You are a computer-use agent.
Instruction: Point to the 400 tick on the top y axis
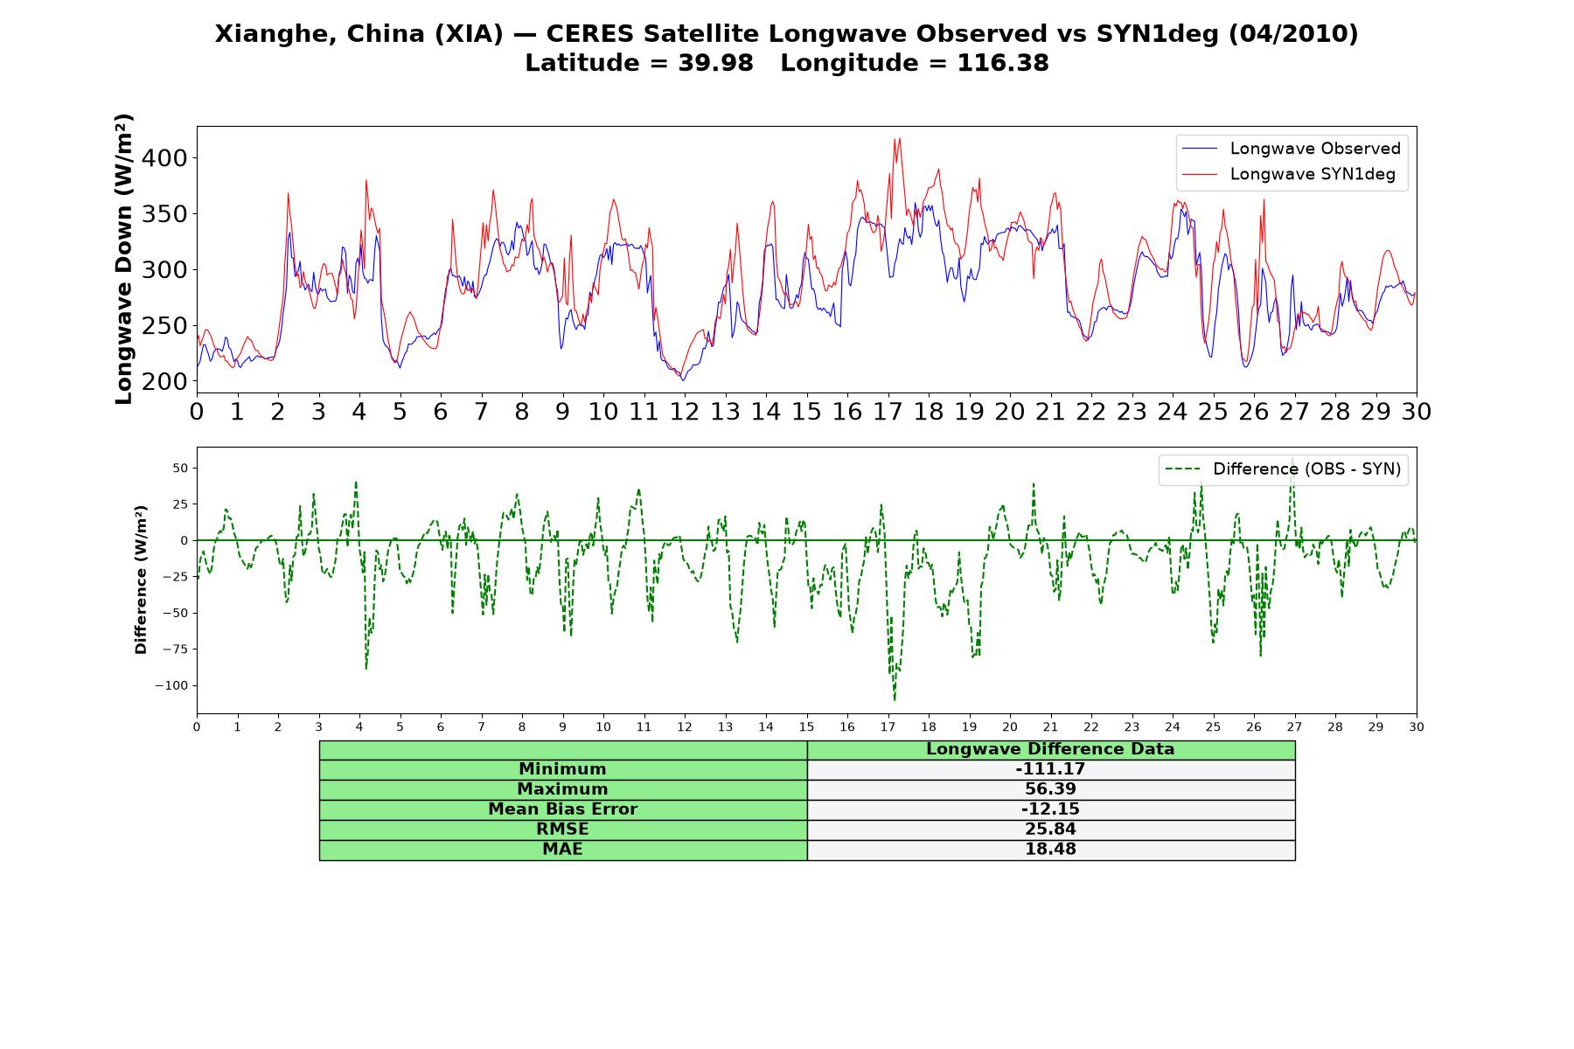tap(169, 158)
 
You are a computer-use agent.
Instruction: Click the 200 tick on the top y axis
tap(169, 381)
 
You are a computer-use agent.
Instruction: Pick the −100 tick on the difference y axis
tap(171, 685)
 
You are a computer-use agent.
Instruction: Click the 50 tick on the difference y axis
tap(180, 468)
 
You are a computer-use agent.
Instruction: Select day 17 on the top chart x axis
tap(888, 412)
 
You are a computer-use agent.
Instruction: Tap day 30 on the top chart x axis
tap(1417, 412)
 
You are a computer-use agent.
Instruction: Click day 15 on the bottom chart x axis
tap(806, 726)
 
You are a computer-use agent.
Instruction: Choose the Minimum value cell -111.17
tap(1050, 769)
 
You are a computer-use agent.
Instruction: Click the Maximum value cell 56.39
tap(1050, 789)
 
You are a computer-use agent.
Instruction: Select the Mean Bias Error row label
tap(562, 809)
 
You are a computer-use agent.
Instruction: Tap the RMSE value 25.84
tap(1050, 830)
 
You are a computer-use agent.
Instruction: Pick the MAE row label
tap(562, 850)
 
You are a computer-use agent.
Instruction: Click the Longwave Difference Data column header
tap(1050, 749)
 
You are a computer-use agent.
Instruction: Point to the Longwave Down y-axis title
tap(123, 259)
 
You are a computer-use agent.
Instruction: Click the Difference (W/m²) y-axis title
tap(141, 580)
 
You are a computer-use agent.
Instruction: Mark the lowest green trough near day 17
tap(895, 699)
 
